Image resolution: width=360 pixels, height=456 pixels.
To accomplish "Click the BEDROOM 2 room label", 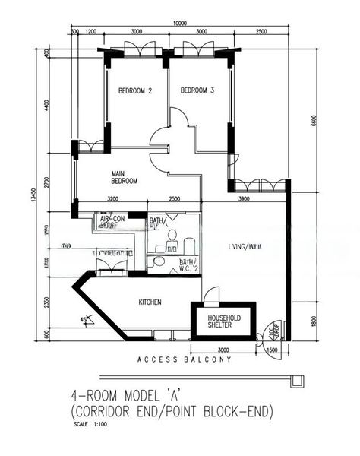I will point(135,91).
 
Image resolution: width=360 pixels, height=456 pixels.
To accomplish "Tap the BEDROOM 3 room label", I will point(197,91).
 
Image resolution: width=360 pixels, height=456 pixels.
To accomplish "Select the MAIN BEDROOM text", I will point(124,177).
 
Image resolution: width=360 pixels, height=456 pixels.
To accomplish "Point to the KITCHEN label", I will point(150,302).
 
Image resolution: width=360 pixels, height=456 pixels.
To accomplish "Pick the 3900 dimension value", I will point(245,199).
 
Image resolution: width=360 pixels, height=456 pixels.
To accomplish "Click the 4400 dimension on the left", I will point(47,104).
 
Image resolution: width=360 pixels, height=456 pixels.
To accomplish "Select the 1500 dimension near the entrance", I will point(272,350).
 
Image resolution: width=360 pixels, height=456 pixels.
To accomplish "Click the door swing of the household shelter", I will point(212,295).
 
